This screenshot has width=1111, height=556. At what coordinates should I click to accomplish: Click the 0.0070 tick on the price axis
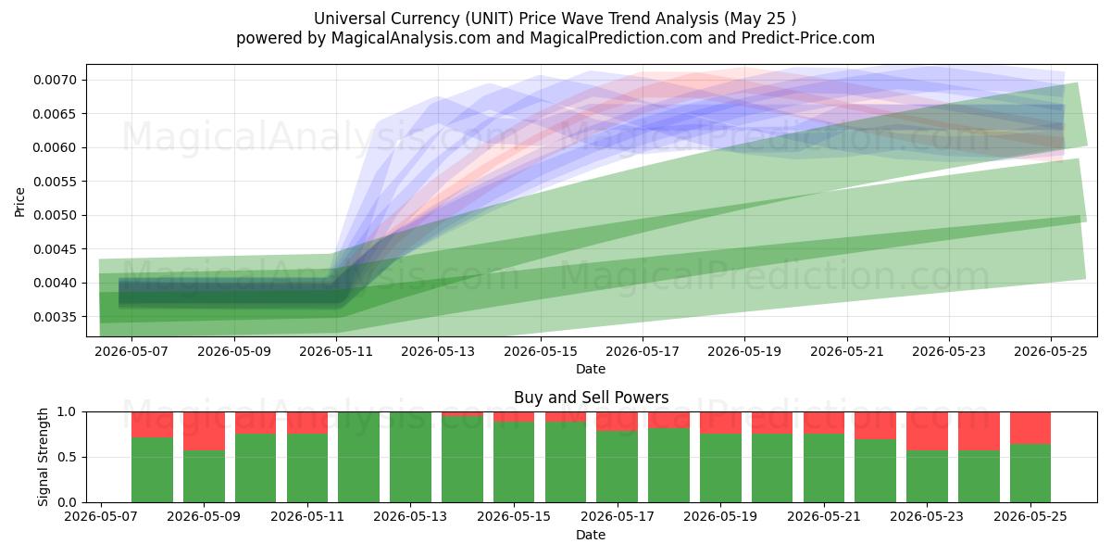pos(55,80)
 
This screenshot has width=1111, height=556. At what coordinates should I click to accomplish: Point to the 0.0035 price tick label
pos(55,317)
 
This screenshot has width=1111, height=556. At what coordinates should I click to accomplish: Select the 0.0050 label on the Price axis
pos(55,215)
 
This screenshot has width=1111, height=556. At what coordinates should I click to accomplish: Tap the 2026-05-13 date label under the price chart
pos(438,351)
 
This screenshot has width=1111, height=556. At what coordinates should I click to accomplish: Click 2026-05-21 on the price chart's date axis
pos(847,351)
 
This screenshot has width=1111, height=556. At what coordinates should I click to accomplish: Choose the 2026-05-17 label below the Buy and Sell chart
pos(618,516)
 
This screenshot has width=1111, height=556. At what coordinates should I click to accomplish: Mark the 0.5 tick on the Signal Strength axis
pos(67,457)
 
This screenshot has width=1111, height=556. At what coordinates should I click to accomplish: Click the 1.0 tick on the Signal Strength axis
pos(67,411)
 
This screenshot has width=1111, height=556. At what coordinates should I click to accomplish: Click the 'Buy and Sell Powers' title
pos(592,398)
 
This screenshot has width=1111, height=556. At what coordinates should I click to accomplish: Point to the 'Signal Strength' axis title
pos(44,457)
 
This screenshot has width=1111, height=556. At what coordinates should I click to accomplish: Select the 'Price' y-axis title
pos(19,202)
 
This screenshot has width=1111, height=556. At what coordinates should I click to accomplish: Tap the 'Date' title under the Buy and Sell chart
pos(591,535)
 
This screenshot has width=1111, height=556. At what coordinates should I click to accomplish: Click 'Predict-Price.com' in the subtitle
pos(808,38)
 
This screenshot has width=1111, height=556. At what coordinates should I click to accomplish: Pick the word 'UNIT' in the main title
pos(490,19)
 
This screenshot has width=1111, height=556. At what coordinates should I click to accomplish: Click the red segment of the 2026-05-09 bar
pos(204,432)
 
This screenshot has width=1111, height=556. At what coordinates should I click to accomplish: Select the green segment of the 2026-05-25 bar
pos(1030,474)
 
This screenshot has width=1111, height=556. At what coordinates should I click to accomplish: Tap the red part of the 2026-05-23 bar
pos(928,432)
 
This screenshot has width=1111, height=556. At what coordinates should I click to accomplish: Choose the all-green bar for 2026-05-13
pos(411,457)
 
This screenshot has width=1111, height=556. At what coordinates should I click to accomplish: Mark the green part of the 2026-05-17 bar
pos(618,467)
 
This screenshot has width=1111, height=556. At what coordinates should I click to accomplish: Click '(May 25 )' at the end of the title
pos(760,19)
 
